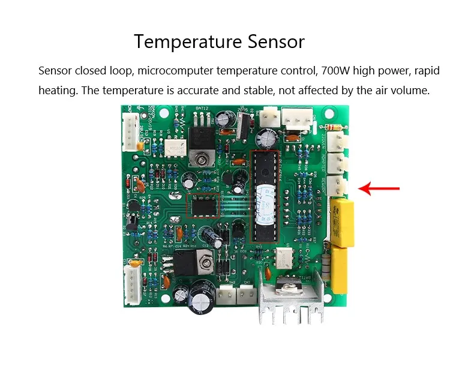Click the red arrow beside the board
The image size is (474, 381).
click(379, 190)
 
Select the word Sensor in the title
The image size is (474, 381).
click(275, 42)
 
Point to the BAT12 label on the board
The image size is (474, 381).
click(202, 110)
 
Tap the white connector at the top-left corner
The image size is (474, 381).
click(130, 132)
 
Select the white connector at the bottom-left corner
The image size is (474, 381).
click(131, 280)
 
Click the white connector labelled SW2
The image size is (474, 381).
click(224, 295)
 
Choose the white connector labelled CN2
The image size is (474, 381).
click(245, 295)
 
